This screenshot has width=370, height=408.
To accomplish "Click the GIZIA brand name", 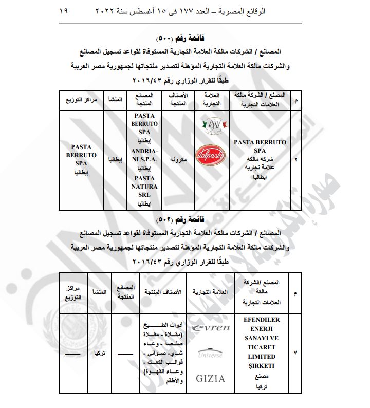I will tap(210, 379).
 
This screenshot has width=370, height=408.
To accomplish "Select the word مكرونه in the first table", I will tap(177, 160).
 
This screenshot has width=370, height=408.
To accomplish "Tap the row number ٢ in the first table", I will tap(295, 160).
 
